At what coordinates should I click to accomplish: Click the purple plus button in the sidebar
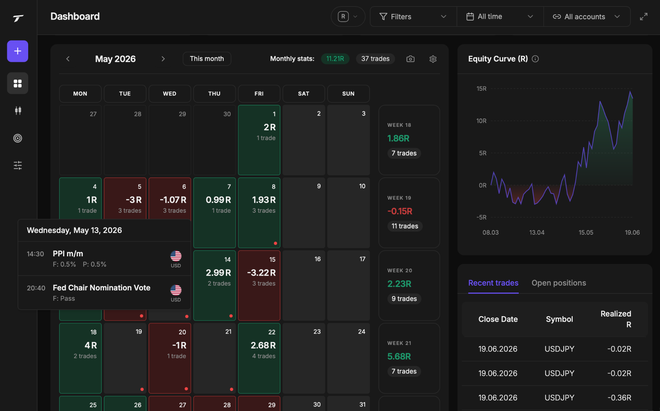[x=18, y=51]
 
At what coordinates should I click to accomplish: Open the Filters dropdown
[x=413, y=16]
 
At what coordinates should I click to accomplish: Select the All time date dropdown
[x=500, y=16]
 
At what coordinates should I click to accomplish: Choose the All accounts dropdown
[x=587, y=16]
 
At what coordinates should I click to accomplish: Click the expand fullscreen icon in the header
[x=643, y=16]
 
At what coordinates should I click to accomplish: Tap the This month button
[x=207, y=59]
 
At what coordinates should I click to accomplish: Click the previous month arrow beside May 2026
[x=68, y=59]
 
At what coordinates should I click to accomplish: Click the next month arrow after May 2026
[x=163, y=59]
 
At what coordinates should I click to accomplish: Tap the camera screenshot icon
[x=410, y=59]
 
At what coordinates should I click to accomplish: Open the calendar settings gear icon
[x=433, y=59]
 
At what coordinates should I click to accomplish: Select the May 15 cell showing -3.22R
[x=259, y=285]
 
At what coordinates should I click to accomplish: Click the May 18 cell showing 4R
[x=80, y=358]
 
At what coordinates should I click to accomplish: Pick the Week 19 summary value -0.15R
[x=400, y=211]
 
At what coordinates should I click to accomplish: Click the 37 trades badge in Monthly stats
[x=375, y=59]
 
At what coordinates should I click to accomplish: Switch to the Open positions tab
[x=559, y=283]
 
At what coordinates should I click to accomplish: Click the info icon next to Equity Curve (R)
[x=535, y=59]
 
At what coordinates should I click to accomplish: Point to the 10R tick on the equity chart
[x=481, y=121]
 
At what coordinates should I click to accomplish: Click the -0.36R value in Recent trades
[x=619, y=398]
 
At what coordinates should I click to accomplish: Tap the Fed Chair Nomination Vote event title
[x=102, y=288]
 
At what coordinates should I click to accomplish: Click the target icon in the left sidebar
[x=18, y=138]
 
